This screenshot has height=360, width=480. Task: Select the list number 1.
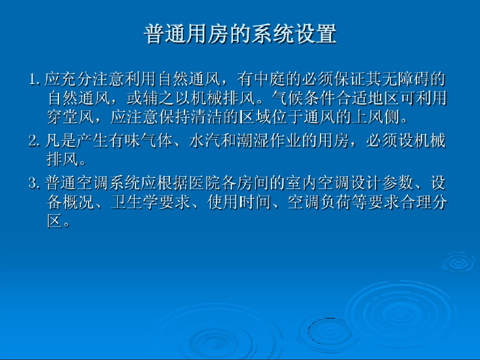point(34,79)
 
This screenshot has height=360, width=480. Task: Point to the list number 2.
point(34,141)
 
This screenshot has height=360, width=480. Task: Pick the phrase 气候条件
point(304,98)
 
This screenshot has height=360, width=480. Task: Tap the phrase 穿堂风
point(71,117)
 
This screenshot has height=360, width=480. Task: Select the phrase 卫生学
point(135,202)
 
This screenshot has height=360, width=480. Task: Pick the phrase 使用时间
point(239,202)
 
